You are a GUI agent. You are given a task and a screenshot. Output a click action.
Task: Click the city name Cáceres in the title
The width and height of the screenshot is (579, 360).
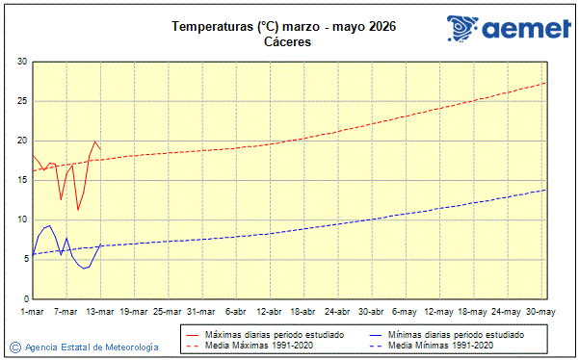[x=289, y=41]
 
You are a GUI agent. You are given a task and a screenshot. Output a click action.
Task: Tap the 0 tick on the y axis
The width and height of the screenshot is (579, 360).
[x=24, y=298]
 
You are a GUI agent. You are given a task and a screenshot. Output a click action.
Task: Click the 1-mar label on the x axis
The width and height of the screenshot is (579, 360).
[x=33, y=312]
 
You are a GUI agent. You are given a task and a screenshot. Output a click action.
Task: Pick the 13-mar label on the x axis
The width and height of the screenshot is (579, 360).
[x=100, y=312]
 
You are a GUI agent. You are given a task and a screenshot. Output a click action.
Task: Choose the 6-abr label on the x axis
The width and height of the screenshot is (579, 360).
[x=235, y=312]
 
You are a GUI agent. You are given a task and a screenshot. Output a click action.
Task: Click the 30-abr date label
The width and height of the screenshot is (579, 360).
[x=371, y=312]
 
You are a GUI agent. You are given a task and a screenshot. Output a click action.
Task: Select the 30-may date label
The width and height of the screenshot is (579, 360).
[x=540, y=312]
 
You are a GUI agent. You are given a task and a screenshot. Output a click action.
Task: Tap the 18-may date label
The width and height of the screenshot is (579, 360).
[x=472, y=312]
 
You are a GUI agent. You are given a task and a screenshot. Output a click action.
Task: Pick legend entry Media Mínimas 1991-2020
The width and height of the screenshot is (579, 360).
[x=444, y=345]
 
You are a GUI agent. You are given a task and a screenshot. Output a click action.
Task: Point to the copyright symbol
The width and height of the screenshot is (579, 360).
[x=14, y=347]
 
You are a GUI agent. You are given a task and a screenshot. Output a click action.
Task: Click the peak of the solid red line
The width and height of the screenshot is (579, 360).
[x=95, y=141]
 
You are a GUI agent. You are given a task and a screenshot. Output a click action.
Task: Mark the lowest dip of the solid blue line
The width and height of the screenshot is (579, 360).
[x=84, y=269]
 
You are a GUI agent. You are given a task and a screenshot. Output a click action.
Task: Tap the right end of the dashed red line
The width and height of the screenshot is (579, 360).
[x=546, y=83]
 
